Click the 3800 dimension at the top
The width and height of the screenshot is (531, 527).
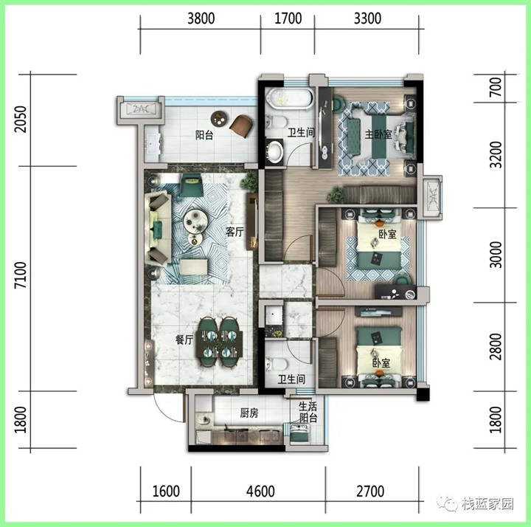coord(201,18)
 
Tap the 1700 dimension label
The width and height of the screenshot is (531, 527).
coord(288,18)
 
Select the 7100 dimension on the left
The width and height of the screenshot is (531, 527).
coord(21,275)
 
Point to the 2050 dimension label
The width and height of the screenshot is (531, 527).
coord(21,119)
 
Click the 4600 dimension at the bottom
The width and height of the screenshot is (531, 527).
coord(260,491)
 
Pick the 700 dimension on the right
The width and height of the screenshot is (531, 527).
coord(496,87)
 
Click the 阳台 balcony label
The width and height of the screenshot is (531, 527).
coord(204,135)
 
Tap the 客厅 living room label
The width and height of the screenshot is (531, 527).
coord(235,232)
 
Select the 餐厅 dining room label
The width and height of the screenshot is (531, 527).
coord(184,340)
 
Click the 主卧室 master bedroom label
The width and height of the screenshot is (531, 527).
coord(378,134)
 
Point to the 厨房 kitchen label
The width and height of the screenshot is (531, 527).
coord(249,413)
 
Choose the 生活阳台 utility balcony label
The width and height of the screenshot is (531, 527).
coord(308,412)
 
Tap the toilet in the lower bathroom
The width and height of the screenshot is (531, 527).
coord(276,365)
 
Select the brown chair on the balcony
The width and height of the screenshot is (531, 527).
coord(242,125)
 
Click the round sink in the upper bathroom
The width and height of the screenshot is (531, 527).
coord(274,151)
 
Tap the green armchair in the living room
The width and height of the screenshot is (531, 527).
coord(191,185)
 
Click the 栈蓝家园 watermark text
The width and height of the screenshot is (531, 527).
coord(487,504)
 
